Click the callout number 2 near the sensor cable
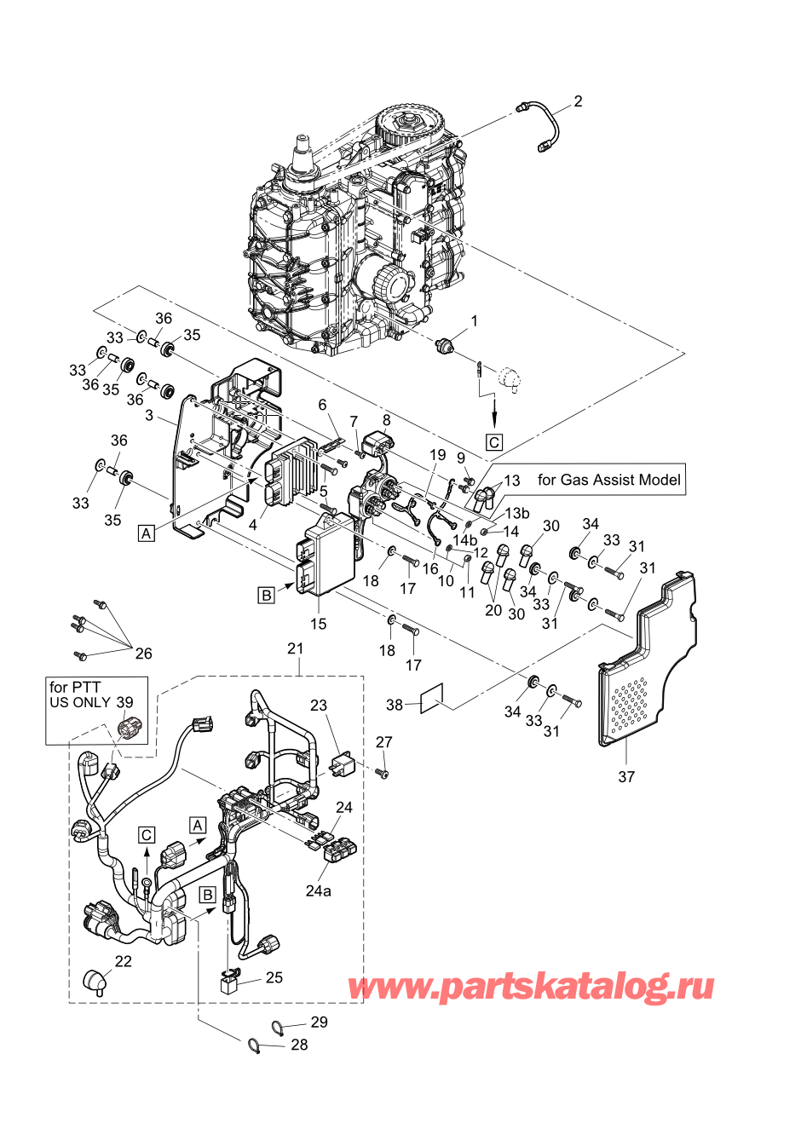point(578,101)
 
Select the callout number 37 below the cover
point(626,776)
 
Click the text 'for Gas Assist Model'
point(608,480)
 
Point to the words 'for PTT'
point(75,687)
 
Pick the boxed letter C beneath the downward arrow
point(494,442)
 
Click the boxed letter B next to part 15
point(267,595)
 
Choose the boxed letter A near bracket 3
point(147,533)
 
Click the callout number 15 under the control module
point(318,624)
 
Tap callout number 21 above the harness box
point(295,648)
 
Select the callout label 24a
point(318,890)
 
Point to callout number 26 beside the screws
point(143,654)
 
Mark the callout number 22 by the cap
point(124,961)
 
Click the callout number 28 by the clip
point(299,1044)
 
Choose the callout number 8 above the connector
point(386,420)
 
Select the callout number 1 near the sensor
point(475,321)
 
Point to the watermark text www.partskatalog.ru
point(531,987)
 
